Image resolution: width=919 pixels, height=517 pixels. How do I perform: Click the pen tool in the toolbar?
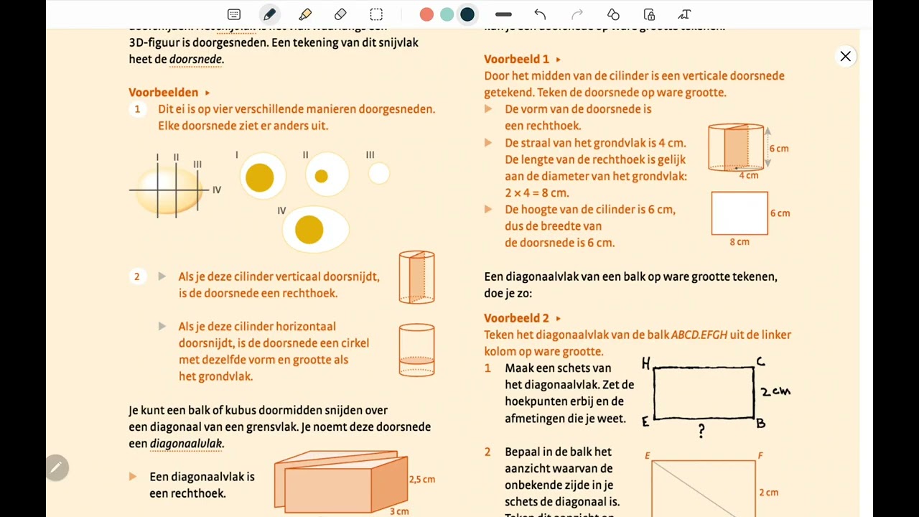click(269, 14)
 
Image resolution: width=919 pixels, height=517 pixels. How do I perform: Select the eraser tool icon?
click(340, 14)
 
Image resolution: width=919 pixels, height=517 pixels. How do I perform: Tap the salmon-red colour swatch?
click(426, 14)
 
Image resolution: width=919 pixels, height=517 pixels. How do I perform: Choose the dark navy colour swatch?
click(467, 14)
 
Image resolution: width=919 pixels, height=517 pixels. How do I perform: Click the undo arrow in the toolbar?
click(540, 14)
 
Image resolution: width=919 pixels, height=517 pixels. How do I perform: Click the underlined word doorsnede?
click(195, 60)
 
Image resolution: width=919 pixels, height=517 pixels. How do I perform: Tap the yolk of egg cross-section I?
click(259, 177)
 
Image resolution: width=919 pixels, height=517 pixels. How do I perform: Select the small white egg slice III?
click(378, 173)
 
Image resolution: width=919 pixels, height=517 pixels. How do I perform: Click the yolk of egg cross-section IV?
click(309, 229)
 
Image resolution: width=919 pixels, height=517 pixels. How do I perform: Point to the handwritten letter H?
click(645, 364)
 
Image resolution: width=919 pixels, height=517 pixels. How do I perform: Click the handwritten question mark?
click(701, 431)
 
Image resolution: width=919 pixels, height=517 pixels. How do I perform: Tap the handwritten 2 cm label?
click(775, 391)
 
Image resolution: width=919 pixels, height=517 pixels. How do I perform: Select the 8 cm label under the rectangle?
click(740, 242)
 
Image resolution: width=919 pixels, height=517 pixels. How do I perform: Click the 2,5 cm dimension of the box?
click(421, 479)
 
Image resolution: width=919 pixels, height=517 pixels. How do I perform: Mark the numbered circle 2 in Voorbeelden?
click(137, 276)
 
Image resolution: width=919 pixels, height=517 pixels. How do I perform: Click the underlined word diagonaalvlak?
click(186, 444)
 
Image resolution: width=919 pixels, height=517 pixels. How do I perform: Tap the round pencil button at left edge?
click(56, 468)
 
